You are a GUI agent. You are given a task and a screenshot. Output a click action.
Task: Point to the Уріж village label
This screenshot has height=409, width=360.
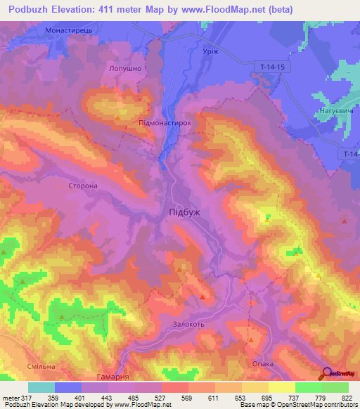coord(202,53)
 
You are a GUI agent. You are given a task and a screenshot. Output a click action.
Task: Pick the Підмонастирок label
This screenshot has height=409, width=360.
coord(167,122)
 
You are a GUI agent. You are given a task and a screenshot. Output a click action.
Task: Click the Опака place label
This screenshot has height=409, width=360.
coord(262,363)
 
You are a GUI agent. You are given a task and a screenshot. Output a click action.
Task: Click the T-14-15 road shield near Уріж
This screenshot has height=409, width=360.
coord(268,65)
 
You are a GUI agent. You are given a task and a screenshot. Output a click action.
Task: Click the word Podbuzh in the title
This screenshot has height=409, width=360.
coord(30,9)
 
